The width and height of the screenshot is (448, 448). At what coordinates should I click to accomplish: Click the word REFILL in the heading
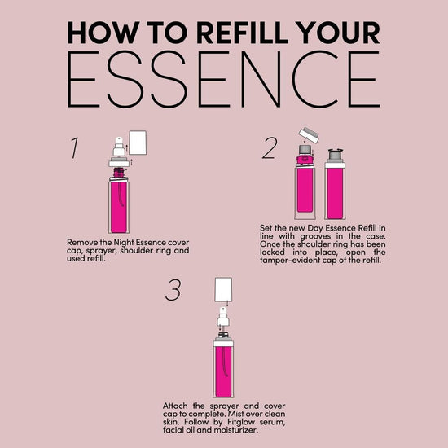click(242, 33)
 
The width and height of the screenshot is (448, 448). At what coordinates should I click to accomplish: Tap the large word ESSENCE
click(224, 80)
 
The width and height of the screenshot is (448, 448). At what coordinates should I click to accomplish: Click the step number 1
click(75, 147)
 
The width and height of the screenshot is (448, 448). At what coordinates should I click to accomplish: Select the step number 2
click(270, 147)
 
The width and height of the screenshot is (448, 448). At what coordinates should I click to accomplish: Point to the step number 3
click(173, 290)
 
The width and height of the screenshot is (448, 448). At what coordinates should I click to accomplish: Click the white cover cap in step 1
click(138, 143)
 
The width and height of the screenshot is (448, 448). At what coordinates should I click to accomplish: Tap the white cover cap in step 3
click(223, 289)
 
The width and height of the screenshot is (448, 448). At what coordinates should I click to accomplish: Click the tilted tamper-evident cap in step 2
click(309, 135)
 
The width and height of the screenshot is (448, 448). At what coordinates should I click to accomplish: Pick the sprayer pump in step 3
click(223, 317)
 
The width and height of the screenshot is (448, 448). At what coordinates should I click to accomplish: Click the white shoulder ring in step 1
click(119, 164)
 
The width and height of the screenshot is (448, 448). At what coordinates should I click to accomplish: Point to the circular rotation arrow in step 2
click(336, 150)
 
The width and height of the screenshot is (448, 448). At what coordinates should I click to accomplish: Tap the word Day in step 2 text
click(315, 228)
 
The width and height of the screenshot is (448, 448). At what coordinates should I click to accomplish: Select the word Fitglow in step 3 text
click(242, 422)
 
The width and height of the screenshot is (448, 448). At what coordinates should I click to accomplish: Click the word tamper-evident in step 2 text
click(290, 261)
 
